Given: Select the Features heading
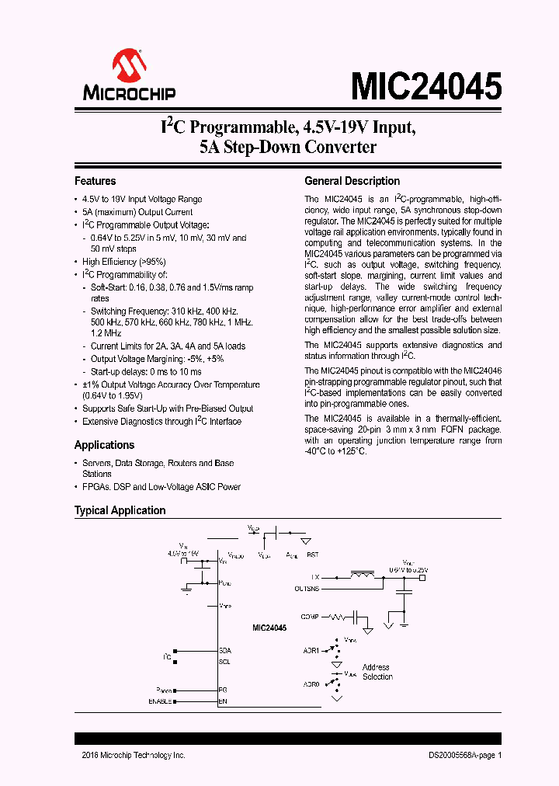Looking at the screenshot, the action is tap(95, 181).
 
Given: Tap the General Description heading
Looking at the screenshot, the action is tap(352, 181).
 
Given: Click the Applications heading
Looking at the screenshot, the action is tap(104, 445).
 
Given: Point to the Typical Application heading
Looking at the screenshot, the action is tap(120, 510).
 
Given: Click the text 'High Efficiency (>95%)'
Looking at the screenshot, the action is tap(124, 262).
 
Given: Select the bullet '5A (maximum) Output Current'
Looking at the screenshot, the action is tap(137, 212).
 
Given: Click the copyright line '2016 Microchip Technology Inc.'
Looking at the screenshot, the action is tap(134, 755).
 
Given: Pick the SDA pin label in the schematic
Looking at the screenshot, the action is tap(225, 650).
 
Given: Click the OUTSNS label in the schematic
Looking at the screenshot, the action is tap(307, 589).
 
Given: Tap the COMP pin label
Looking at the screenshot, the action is tap(310, 617).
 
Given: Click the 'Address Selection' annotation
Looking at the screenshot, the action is tap(377, 672).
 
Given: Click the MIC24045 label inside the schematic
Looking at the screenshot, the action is tap(269, 628).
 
